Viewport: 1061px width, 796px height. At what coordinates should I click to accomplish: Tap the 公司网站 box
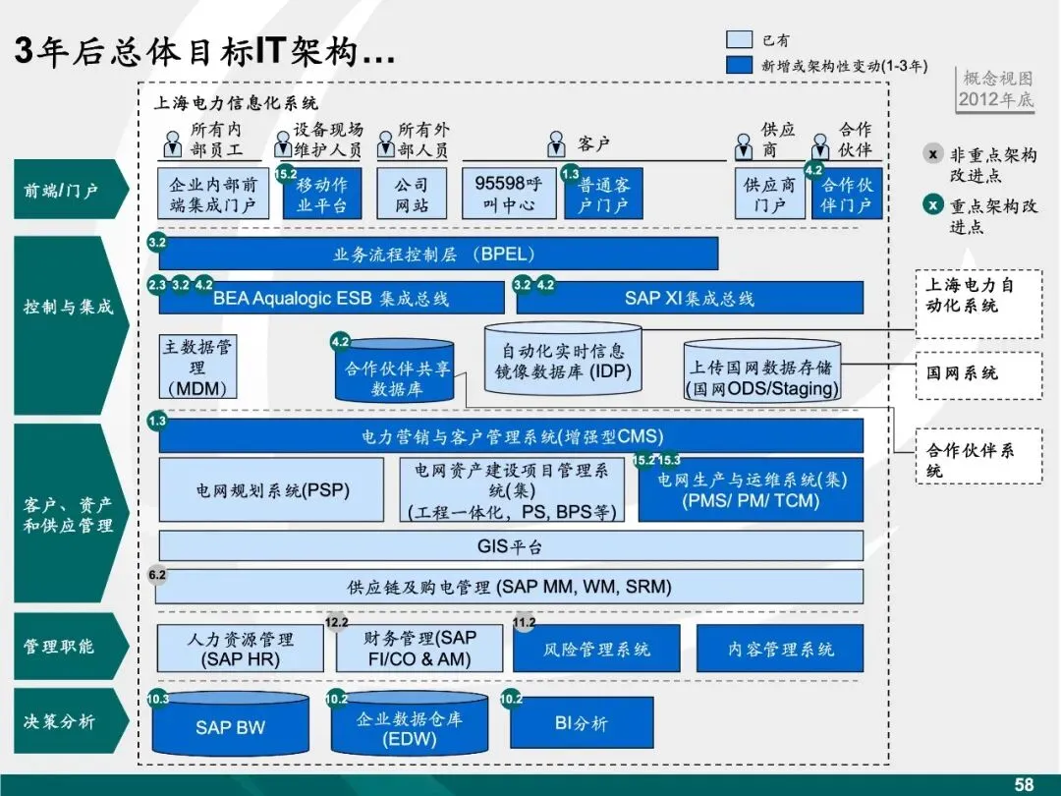pyautogui.click(x=412, y=194)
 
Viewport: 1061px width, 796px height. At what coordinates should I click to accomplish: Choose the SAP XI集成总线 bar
pyautogui.click(x=689, y=298)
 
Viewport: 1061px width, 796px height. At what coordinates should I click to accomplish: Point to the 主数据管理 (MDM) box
pyautogui.click(x=197, y=368)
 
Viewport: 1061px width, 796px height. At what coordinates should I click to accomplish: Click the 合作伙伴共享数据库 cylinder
pyautogui.click(x=396, y=372)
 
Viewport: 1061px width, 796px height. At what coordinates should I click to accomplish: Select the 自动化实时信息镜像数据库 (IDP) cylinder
pyautogui.click(x=563, y=363)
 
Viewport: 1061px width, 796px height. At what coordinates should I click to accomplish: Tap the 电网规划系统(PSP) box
pyautogui.click(x=271, y=489)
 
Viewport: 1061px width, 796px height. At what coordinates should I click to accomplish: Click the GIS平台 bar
pyautogui.click(x=510, y=545)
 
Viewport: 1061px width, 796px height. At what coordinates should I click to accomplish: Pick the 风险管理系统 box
pyautogui.click(x=596, y=649)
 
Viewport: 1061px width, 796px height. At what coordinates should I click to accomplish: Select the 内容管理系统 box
pyautogui.click(x=780, y=649)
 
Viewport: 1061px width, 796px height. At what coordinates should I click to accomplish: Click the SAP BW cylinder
pyautogui.click(x=230, y=727)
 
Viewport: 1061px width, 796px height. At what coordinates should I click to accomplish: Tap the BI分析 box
pyautogui.click(x=582, y=723)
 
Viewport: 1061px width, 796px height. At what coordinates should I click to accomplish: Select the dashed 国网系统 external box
pyautogui.click(x=977, y=374)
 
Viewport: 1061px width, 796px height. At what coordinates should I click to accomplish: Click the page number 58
pyautogui.click(x=1024, y=784)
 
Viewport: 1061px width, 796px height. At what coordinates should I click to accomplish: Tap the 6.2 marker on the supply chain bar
pyautogui.click(x=157, y=574)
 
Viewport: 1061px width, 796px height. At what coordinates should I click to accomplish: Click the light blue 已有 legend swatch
pyautogui.click(x=739, y=40)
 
